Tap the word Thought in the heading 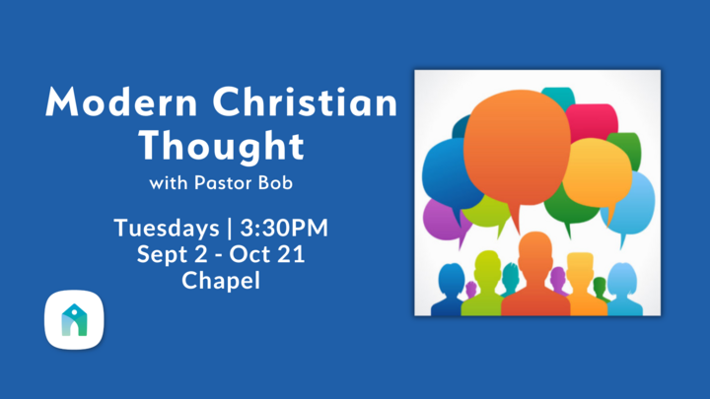point(220,145)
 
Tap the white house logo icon point(74,319)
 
